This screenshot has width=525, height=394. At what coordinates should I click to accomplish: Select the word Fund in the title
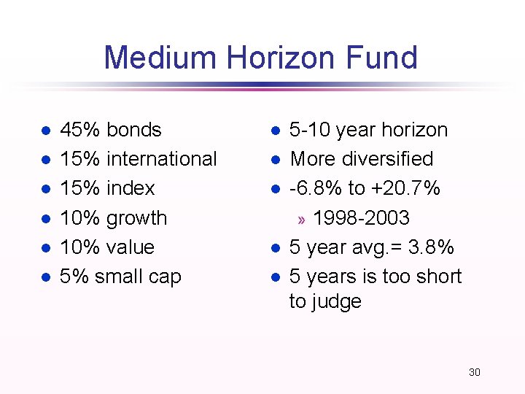[x=383, y=58]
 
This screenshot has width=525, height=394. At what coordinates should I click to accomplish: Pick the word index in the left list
[x=131, y=188]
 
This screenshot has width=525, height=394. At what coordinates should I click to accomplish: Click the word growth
[x=136, y=218]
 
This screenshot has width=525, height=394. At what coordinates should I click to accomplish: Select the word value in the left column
[x=131, y=247]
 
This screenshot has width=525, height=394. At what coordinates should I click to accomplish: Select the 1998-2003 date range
[x=361, y=218]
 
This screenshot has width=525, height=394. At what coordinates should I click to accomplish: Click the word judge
[x=338, y=301]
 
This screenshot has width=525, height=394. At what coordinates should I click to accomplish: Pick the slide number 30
[x=474, y=372]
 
